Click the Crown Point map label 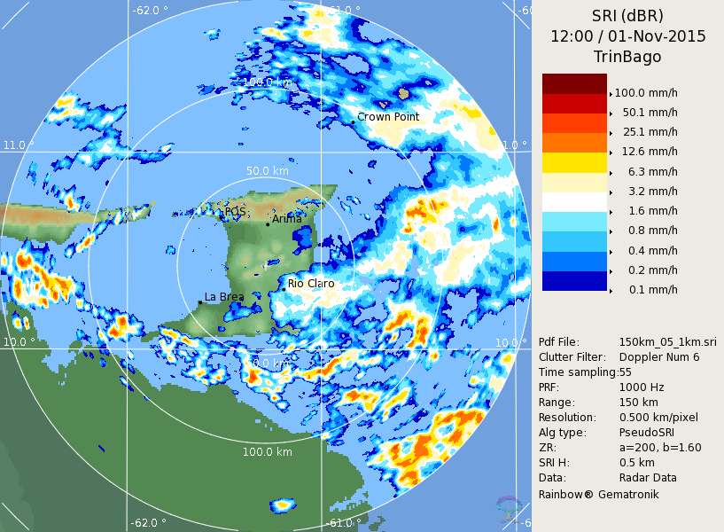[x=388, y=117]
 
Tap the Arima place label [x=286, y=219]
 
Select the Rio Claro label [x=311, y=284]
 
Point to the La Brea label [x=224, y=297]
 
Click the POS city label [x=235, y=212]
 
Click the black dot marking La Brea [x=200, y=302]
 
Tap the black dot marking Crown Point [x=353, y=121]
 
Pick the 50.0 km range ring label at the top [x=268, y=171]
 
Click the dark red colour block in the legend [x=574, y=83]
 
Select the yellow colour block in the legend [x=574, y=162]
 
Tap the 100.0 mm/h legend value [x=646, y=93]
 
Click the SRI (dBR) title [x=627, y=16]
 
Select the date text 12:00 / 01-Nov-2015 [x=627, y=36]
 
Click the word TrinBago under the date [x=627, y=57]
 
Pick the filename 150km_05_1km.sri [x=667, y=342]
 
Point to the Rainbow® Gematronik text [x=599, y=494]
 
